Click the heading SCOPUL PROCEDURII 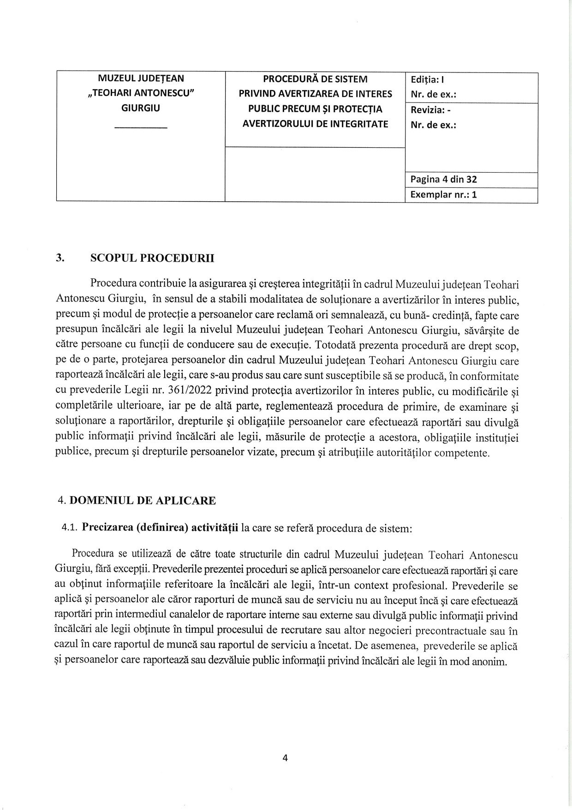click(152, 258)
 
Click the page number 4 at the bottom click(285, 758)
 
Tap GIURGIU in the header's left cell click(141, 109)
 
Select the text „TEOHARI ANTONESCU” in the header click(141, 94)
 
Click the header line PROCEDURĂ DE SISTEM click(315, 79)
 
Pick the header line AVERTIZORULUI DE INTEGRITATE click(315, 124)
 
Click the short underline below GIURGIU click(141, 127)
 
